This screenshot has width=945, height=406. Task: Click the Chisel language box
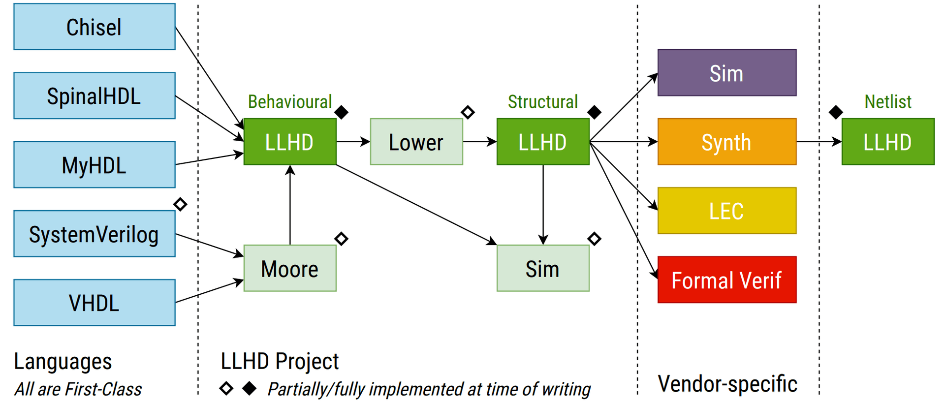94,27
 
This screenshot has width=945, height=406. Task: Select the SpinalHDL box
94,96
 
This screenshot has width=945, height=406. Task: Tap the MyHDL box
94,165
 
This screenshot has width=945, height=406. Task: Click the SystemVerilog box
94,234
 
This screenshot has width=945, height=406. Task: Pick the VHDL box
94,303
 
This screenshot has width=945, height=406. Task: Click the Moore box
290,269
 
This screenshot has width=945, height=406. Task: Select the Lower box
416,142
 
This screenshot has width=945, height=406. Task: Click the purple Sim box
726,73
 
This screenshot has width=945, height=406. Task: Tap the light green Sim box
543,269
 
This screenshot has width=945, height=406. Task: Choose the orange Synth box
726,142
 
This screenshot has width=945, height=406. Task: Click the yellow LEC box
726,211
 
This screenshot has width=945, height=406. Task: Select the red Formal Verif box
726,280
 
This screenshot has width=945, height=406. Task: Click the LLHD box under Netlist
887,142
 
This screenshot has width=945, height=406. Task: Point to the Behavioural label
290,102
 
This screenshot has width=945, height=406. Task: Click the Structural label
543,102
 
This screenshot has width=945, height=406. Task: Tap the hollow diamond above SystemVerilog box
180,204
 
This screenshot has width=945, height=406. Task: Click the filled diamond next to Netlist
836,112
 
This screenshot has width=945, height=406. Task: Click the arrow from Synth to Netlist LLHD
819,142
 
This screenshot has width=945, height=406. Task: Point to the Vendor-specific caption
727,384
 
